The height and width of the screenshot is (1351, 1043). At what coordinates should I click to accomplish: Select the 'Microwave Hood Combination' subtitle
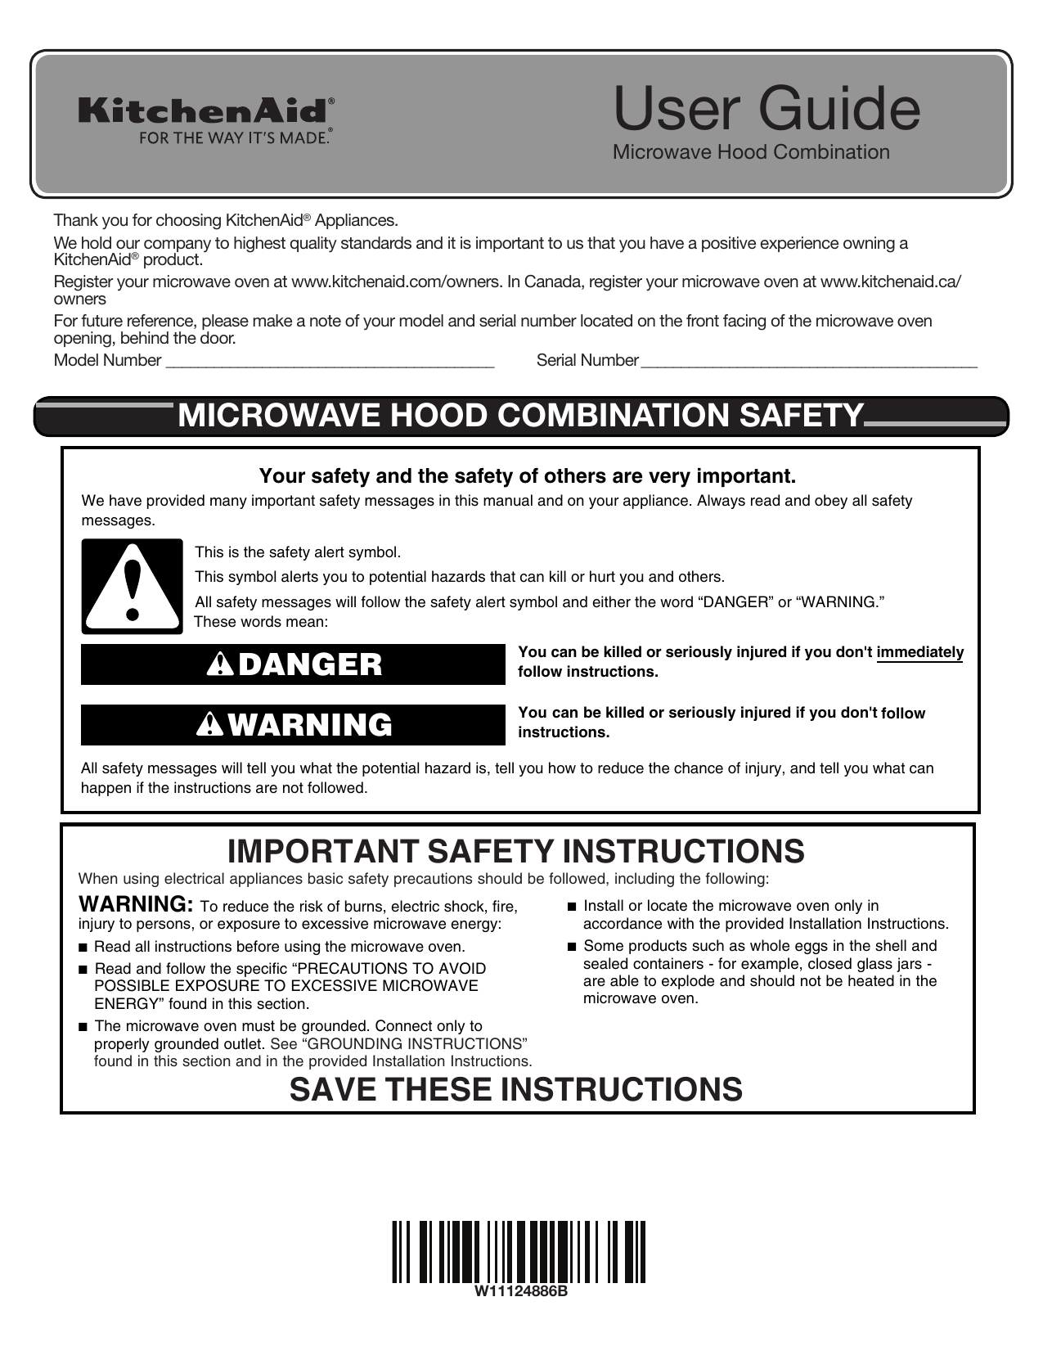(x=751, y=152)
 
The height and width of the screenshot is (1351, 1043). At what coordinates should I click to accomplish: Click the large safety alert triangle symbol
(x=133, y=586)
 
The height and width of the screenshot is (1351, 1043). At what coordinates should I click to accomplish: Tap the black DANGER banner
(x=293, y=664)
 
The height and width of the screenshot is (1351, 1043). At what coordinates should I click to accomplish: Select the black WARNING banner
(x=293, y=725)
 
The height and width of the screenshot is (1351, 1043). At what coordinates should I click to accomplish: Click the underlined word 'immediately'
(x=919, y=653)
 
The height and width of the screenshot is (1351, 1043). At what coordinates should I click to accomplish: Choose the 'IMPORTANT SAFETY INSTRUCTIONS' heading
(x=515, y=852)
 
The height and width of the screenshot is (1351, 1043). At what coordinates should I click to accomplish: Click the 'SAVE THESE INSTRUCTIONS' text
(x=515, y=1090)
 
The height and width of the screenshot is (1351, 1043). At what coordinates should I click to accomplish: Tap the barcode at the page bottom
(x=518, y=1251)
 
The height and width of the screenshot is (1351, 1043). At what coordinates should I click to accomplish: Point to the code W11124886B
(x=518, y=1293)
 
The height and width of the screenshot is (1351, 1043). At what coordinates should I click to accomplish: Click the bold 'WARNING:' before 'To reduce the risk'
(x=136, y=905)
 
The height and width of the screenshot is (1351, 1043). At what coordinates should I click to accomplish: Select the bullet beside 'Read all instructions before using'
(x=83, y=948)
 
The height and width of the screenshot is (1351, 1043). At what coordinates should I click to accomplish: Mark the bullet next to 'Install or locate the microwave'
(x=572, y=907)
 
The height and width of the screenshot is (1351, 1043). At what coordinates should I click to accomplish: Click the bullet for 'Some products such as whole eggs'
(x=572, y=947)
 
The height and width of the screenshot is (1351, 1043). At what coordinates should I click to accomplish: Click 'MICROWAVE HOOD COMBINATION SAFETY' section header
(x=520, y=416)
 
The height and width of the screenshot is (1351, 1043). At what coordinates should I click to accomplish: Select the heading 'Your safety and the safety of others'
(x=527, y=476)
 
